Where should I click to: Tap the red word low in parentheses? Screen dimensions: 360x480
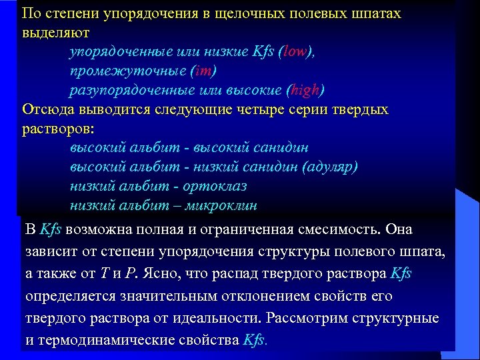click(x=294, y=51)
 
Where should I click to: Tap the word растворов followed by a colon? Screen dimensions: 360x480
click(x=56, y=128)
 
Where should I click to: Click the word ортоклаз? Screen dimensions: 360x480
click(x=211, y=186)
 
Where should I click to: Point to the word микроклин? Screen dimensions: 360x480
click(x=223, y=205)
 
